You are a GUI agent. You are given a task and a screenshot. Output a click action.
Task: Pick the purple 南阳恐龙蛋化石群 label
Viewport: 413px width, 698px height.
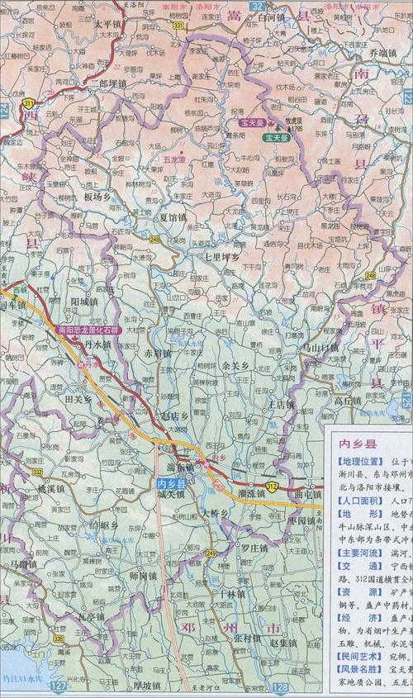click(x=88, y=329)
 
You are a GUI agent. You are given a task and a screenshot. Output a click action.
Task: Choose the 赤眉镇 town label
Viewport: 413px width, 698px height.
click(x=158, y=353)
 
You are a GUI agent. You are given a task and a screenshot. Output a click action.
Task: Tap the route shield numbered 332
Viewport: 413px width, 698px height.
click(x=38, y=471)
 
